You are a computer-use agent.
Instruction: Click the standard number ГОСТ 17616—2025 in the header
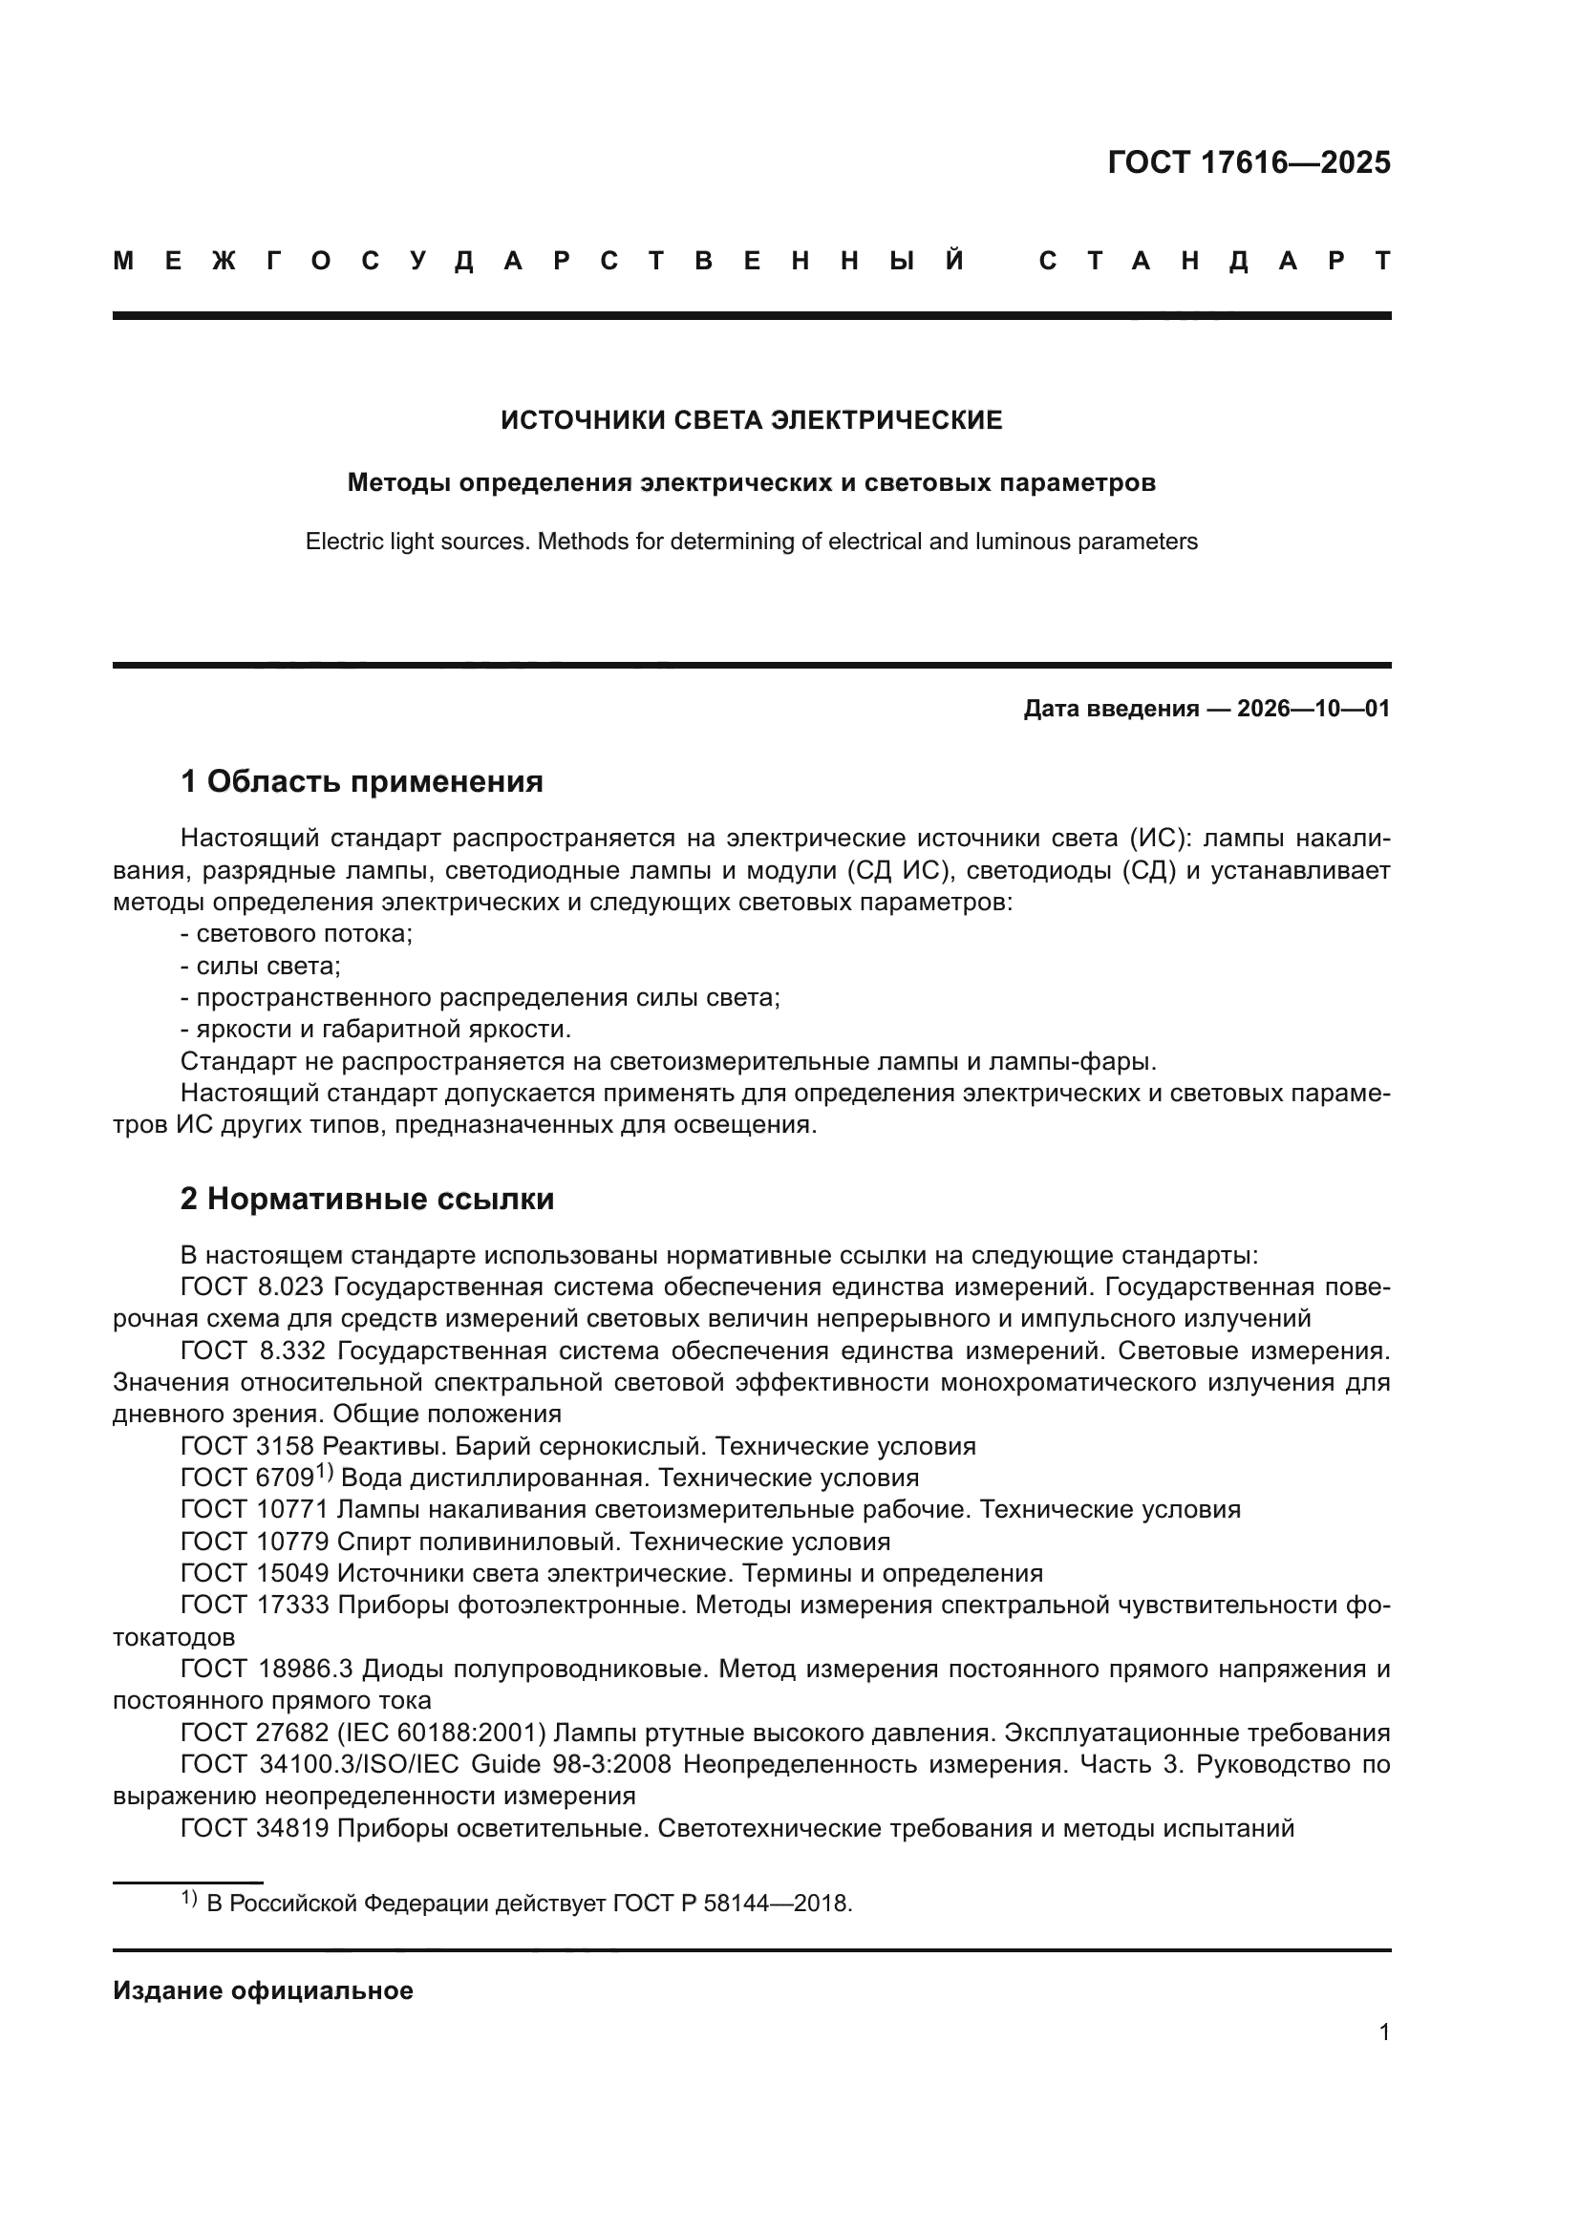(1249, 162)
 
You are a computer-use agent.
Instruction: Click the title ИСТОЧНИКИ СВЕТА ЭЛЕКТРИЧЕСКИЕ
(751, 420)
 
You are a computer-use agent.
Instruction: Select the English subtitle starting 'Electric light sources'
(751, 542)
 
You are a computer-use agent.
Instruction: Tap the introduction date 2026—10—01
(1313, 709)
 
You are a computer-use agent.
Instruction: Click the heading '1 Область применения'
(361, 781)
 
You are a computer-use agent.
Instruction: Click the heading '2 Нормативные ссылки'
(367, 1199)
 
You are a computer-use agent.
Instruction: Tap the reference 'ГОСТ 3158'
(246, 1446)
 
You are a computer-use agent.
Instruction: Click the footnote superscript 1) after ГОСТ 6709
(324, 1473)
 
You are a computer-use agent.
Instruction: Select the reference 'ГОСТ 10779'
(254, 1542)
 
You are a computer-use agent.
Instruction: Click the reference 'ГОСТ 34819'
(254, 1828)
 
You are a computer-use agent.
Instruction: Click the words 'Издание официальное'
(263, 1990)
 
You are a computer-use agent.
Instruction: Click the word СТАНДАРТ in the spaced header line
(1215, 261)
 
